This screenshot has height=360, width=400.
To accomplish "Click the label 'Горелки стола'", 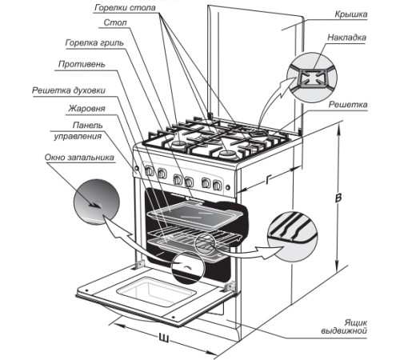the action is click(x=125, y=8).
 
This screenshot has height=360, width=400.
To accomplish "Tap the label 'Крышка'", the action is click(x=351, y=14).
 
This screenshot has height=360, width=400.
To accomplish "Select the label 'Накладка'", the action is click(x=346, y=38).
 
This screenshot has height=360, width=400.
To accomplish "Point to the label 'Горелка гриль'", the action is click(x=94, y=43).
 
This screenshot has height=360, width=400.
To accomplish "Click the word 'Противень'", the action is click(x=82, y=64).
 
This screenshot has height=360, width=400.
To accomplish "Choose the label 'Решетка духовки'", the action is click(x=69, y=90).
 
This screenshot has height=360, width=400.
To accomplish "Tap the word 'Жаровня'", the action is click(x=87, y=109).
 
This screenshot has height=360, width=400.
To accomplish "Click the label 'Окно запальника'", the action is click(x=79, y=158).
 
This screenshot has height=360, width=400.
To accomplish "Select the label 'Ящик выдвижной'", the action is click(x=344, y=326).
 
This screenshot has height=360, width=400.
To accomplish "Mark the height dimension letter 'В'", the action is click(x=338, y=198).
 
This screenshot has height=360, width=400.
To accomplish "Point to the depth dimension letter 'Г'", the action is click(x=268, y=180).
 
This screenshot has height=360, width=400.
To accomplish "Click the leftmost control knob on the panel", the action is click(x=150, y=171).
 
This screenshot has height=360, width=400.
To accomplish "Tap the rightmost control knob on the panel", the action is click(x=217, y=185).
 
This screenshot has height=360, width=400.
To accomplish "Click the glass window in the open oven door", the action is click(x=156, y=291).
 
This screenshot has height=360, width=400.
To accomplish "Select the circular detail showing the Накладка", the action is click(x=312, y=78).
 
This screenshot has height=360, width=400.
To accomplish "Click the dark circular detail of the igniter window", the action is click(x=97, y=202).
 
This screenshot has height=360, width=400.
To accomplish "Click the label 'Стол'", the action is click(x=115, y=22).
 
